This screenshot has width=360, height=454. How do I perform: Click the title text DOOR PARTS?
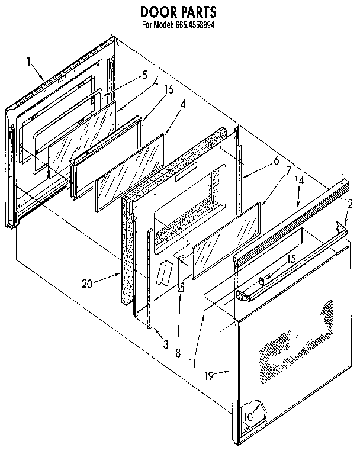[x=178, y=11]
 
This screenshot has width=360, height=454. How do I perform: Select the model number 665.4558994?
[x=195, y=25]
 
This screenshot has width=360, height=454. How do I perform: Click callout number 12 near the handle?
[x=348, y=203]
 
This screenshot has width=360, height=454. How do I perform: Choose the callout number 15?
[x=291, y=258]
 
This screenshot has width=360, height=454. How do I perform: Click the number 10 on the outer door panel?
[x=248, y=416]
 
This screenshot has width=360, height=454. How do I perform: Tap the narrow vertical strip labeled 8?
[x=181, y=272]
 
